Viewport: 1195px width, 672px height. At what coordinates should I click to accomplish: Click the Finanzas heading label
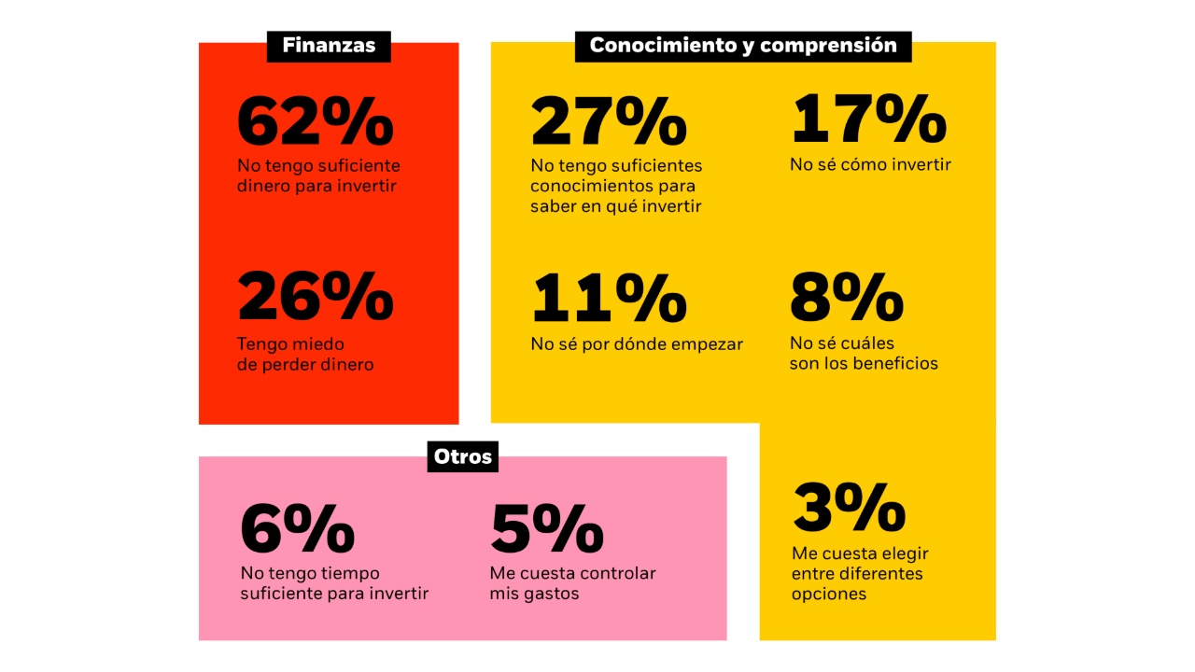click(x=329, y=46)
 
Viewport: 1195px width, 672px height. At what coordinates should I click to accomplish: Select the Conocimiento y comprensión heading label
click(x=743, y=46)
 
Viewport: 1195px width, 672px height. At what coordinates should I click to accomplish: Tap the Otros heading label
click(x=462, y=457)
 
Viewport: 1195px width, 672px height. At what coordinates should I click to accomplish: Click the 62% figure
click(x=315, y=121)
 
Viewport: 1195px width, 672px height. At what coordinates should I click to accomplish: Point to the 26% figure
click(x=315, y=298)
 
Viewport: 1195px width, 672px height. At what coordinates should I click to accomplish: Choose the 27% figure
click(x=609, y=121)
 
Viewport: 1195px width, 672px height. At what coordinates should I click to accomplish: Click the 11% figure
click(x=609, y=298)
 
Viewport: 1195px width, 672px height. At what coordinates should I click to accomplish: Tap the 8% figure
click(x=847, y=298)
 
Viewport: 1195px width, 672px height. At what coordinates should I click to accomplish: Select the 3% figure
click(x=849, y=509)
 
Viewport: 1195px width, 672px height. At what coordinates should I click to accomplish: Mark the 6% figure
click(x=297, y=529)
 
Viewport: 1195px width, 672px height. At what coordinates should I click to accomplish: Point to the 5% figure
click(x=546, y=529)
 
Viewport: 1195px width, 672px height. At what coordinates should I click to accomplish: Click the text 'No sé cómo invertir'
click(x=870, y=165)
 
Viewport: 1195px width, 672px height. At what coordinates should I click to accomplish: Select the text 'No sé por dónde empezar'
click(x=637, y=344)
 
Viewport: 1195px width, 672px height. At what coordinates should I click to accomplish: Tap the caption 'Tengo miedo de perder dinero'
click(x=305, y=355)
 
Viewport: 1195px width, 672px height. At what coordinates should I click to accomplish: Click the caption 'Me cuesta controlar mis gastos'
click(x=572, y=583)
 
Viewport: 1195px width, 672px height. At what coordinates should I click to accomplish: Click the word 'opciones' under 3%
click(x=829, y=595)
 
